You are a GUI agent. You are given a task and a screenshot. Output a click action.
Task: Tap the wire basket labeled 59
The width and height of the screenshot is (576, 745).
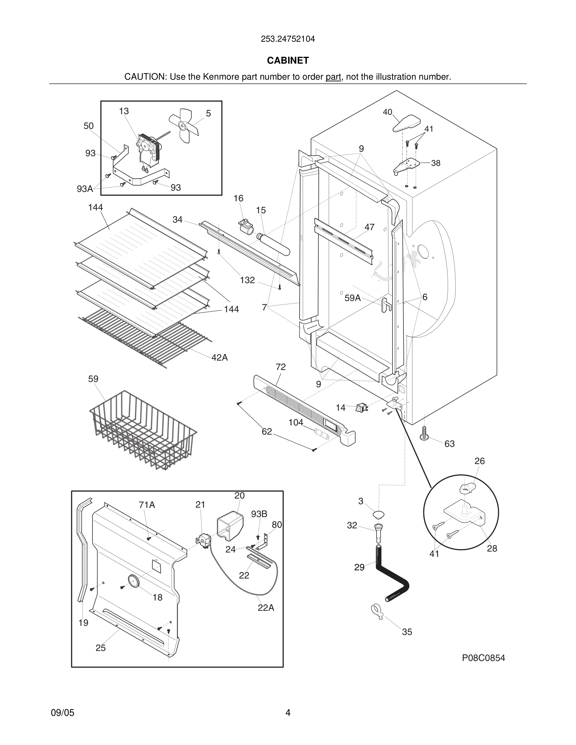pyautogui.click(x=143, y=431)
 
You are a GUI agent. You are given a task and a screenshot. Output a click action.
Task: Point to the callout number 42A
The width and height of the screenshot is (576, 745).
pyautogui.click(x=219, y=357)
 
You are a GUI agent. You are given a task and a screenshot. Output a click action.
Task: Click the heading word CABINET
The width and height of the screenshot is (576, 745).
pyautogui.click(x=288, y=61)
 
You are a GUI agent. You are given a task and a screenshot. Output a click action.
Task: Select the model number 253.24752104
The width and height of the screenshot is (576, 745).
pyautogui.click(x=288, y=39)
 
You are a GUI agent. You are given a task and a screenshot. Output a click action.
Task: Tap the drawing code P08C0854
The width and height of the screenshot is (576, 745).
pyautogui.click(x=483, y=658)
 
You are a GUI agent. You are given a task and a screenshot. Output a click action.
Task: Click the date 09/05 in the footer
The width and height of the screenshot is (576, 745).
pyautogui.click(x=62, y=713)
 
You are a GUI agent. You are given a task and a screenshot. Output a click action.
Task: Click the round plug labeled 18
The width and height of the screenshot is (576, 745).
pyautogui.click(x=133, y=581)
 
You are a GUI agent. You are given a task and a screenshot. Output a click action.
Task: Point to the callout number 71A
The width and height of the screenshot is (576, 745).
pyautogui.click(x=147, y=505)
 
